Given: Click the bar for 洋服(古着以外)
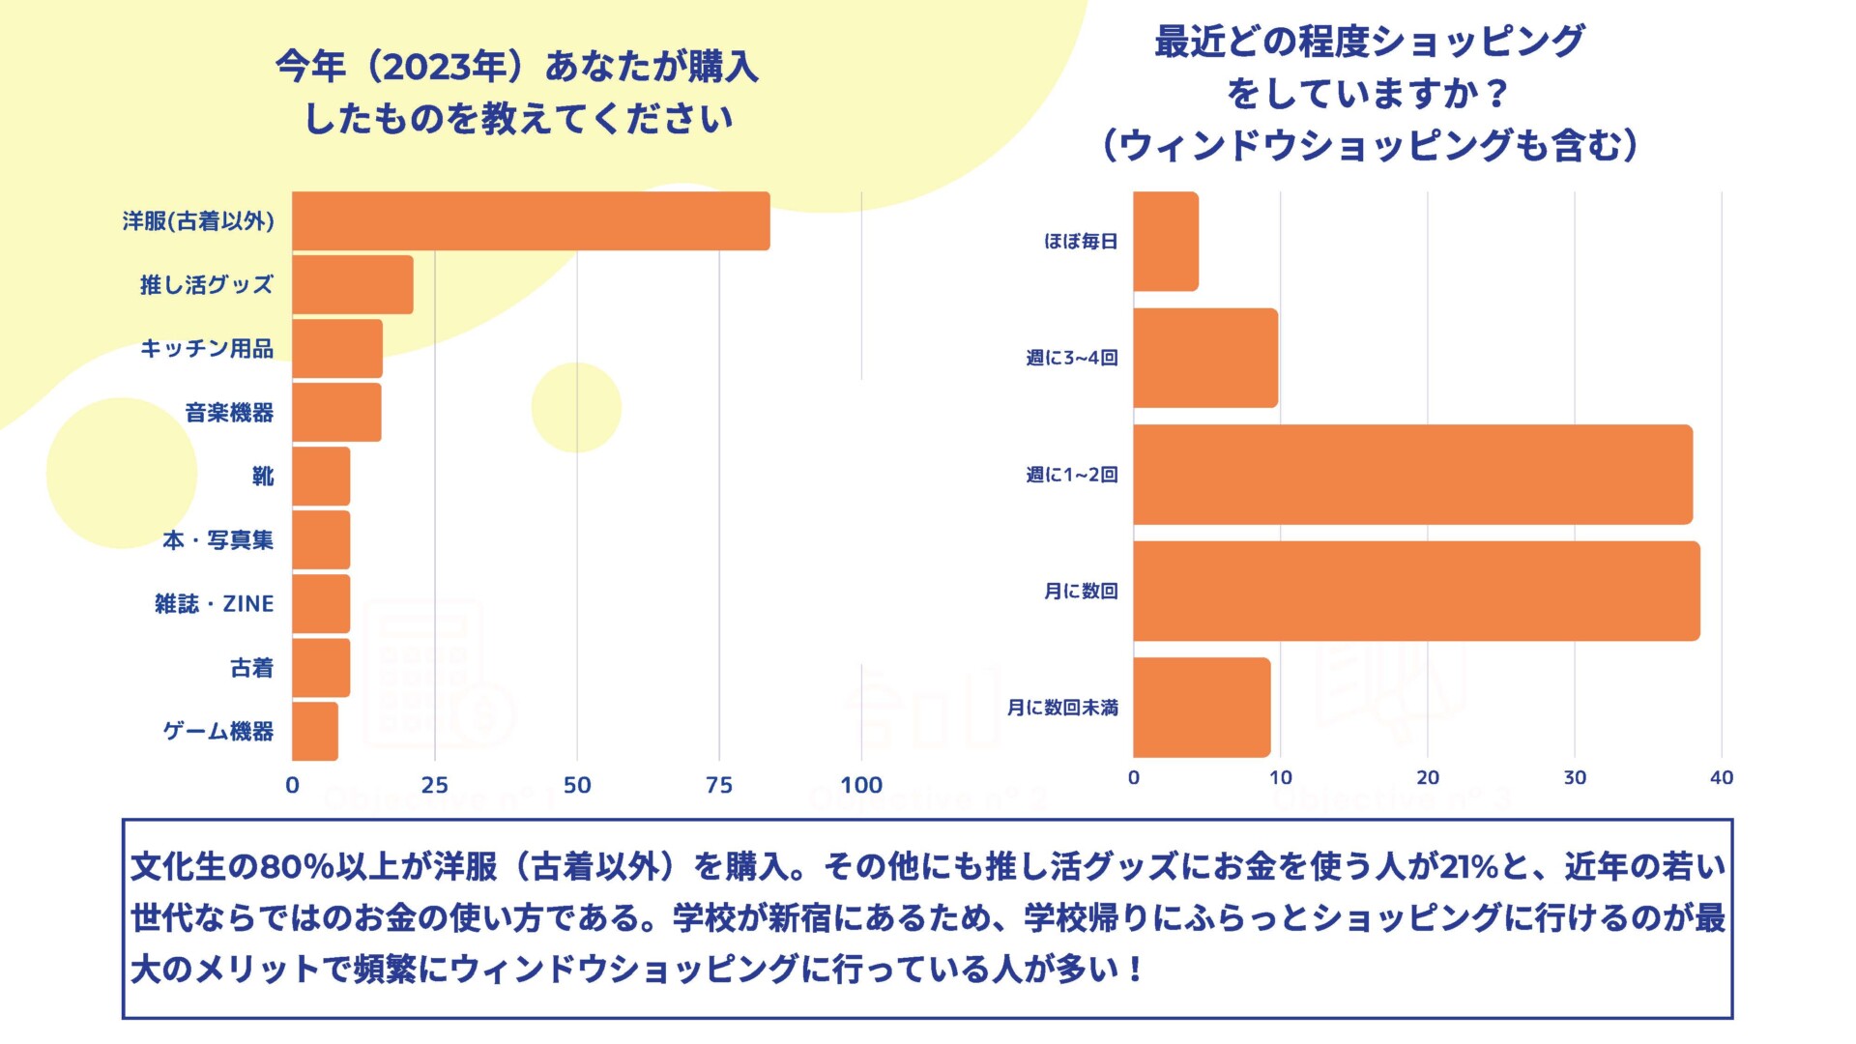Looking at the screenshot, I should pyautogui.click(x=531, y=221).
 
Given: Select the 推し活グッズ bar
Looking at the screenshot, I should pyautogui.click(x=353, y=285).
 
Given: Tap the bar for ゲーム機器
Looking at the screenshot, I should pyautogui.click(x=315, y=732).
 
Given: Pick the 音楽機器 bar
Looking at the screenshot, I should pyautogui.click(x=336, y=413).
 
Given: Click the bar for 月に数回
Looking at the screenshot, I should pyautogui.click(x=1416, y=591).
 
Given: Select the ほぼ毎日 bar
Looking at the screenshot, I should pyautogui.click(x=1166, y=242).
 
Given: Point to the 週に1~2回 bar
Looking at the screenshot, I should pyautogui.click(x=1412, y=475).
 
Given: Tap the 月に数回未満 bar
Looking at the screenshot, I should pyautogui.click(x=1202, y=708).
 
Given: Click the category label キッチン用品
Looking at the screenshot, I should pyautogui.click(x=207, y=349).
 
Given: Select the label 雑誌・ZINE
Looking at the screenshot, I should pyautogui.click(x=214, y=604).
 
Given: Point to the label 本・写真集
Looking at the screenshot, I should pyautogui.click(x=217, y=540).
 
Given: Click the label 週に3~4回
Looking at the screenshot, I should pyautogui.click(x=1072, y=359).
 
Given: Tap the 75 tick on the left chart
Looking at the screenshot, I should pyautogui.click(x=719, y=785).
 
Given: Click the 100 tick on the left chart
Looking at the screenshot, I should pyautogui.click(x=861, y=785).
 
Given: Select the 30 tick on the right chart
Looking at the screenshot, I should pyautogui.click(x=1575, y=778).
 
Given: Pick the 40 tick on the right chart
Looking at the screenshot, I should pyautogui.click(x=1722, y=778).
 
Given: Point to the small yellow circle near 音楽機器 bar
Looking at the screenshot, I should pyautogui.click(x=576, y=407).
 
